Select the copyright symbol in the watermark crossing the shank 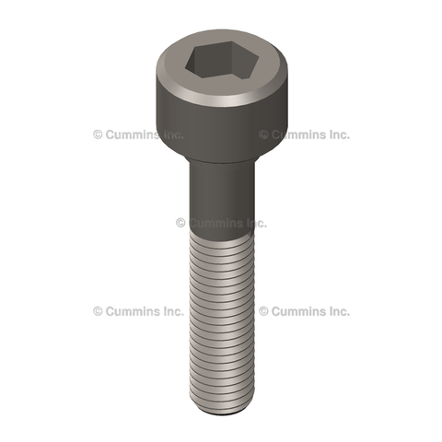[180, 223]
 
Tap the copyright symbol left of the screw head [98, 134]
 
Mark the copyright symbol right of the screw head [263, 134]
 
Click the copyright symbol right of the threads [263, 311]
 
